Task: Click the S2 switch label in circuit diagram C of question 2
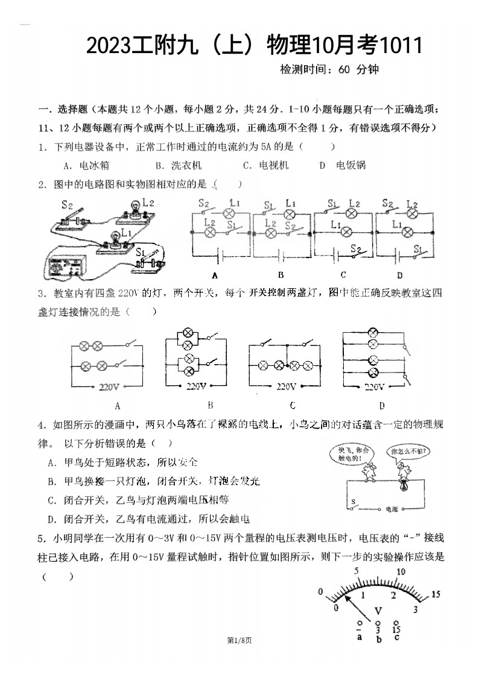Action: coord(357,248)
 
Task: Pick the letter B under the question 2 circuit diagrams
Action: coord(281,275)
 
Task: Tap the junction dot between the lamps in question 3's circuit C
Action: coord(287,366)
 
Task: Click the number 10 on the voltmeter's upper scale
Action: coord(399,572)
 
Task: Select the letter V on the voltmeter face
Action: coord(378,611)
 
